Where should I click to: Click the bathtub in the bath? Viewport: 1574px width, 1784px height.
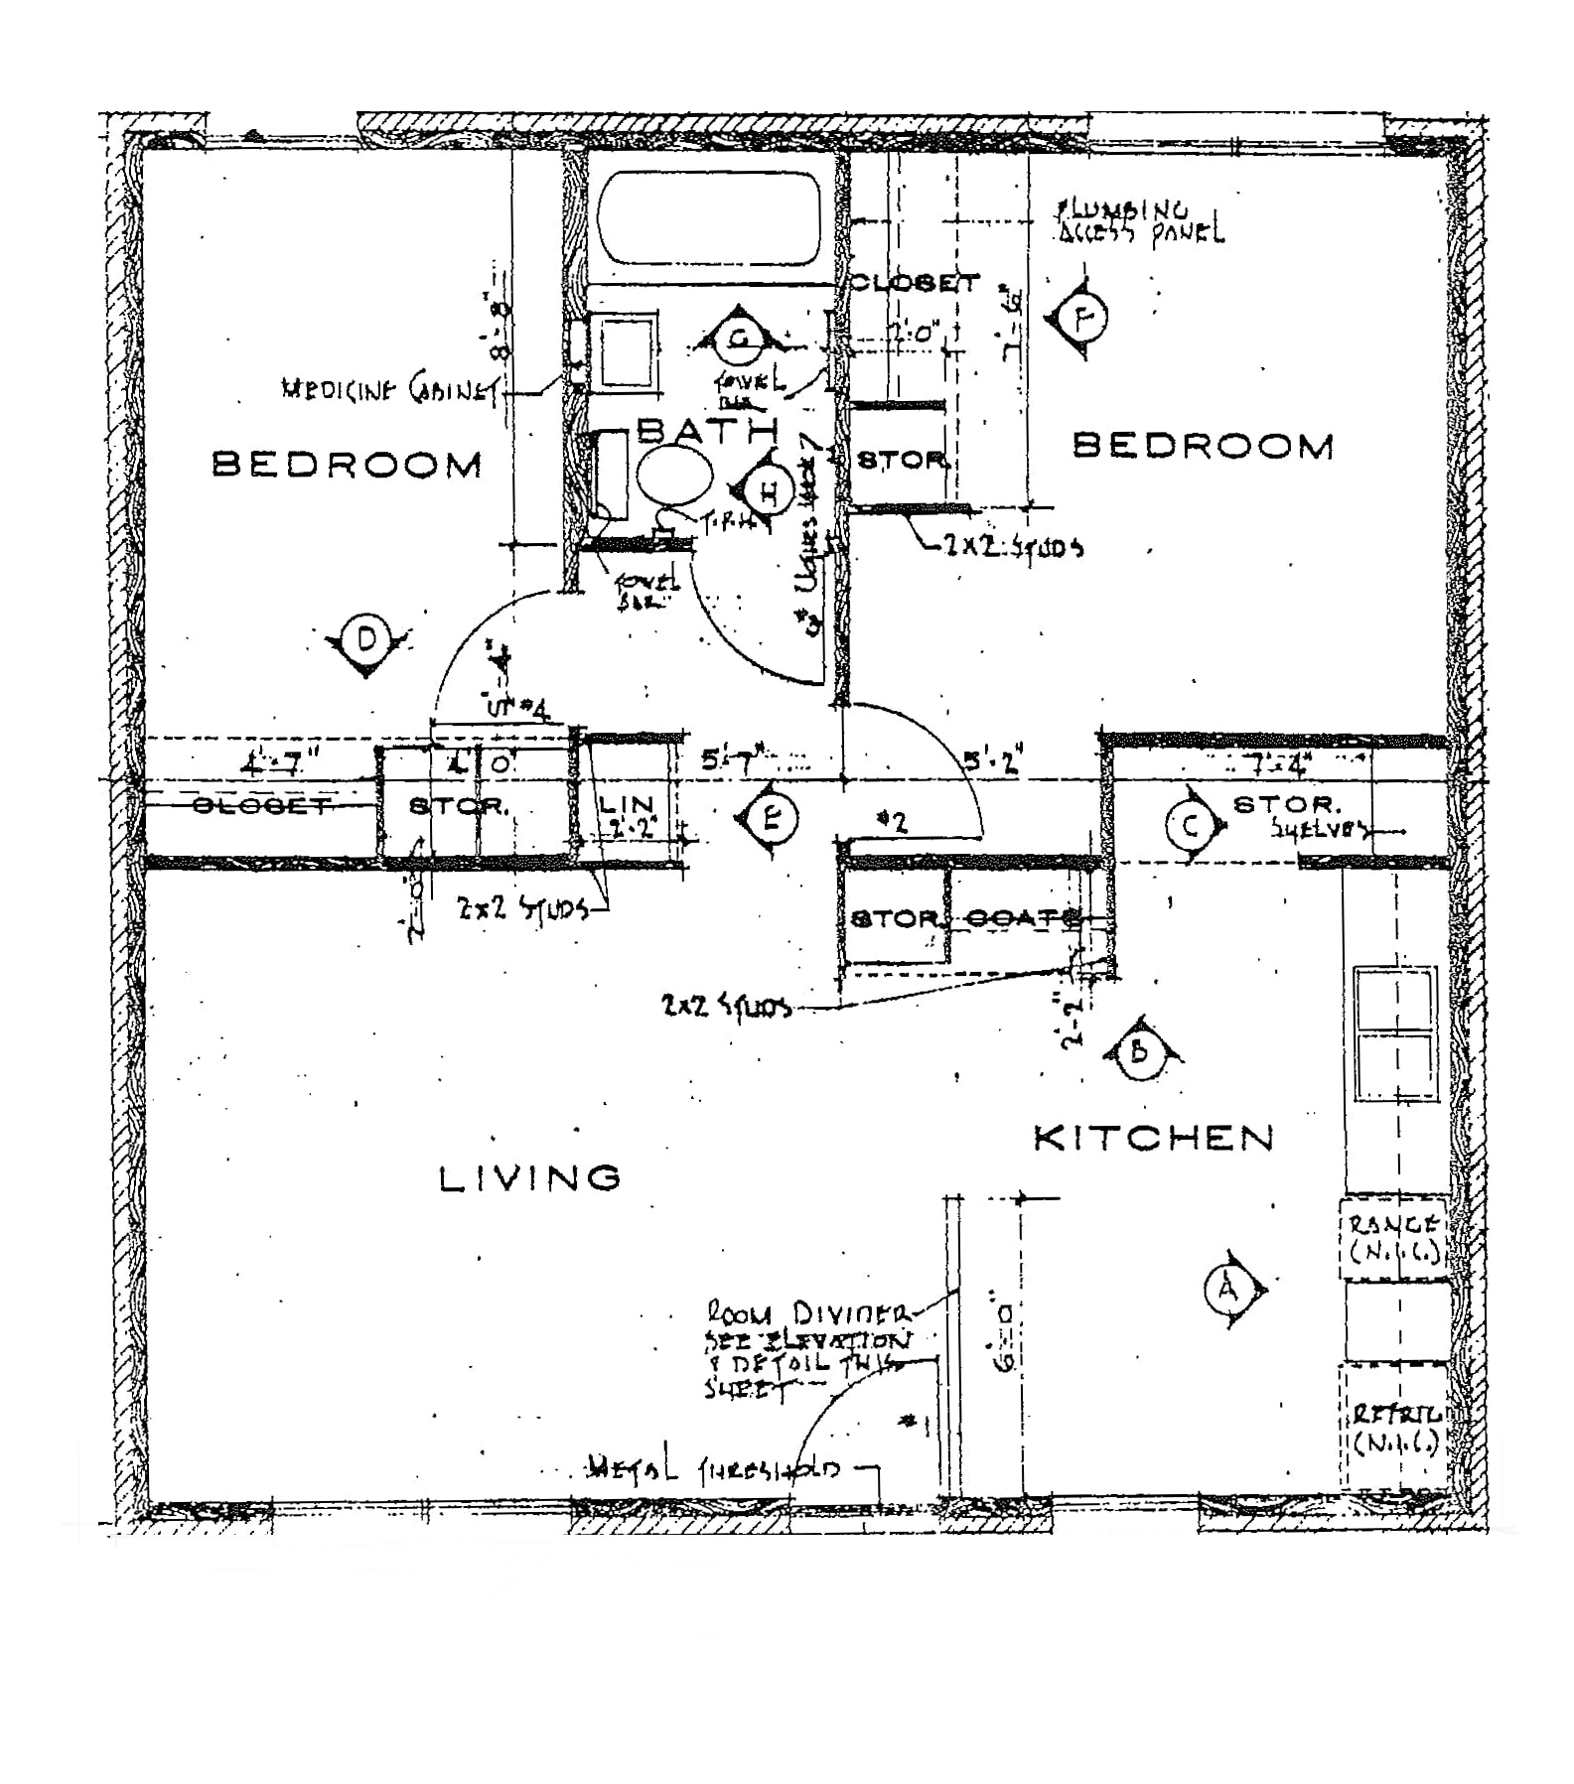(709, 218)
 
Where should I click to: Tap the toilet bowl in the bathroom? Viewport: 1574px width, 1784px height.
(674, 476)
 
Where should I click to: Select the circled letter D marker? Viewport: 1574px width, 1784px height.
(366, 640)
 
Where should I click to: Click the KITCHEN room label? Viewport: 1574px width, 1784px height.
(1154, 1139)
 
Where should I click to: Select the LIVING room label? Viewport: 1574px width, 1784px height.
(530, 1178)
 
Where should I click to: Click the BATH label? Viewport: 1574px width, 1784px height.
(707, 430)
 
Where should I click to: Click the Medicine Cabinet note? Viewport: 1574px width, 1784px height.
(390, 390)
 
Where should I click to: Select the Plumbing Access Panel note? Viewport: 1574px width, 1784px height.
(1140, 222)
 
